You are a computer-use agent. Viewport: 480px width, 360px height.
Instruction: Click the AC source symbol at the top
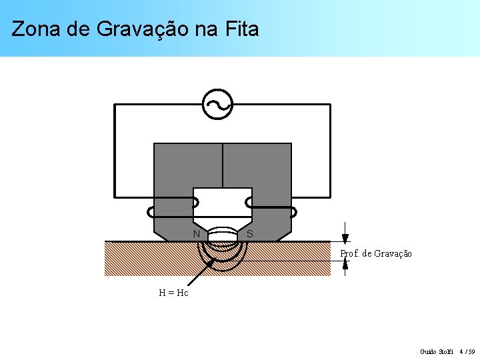[218, 105]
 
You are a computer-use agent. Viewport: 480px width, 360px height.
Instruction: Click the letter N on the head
[197, 234]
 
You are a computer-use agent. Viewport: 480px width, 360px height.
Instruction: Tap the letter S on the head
[249, 234]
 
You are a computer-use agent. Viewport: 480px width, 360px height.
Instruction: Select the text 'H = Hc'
[173, 293]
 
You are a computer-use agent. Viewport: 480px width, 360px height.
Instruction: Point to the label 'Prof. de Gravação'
[376, 254]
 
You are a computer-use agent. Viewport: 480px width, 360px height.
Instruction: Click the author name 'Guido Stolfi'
[437, 351]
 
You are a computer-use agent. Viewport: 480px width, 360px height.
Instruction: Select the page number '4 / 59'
[468, 351]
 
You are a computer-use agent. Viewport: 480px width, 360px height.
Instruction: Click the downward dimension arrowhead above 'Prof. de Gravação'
[345, 238]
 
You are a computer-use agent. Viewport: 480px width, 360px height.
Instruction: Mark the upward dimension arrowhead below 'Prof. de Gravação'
[345, 264]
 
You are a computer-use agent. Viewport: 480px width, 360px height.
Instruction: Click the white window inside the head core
[223, 203]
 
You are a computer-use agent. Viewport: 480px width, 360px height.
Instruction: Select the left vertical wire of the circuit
[115, 151]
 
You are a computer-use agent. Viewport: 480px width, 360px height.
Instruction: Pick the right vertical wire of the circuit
[330, 151]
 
